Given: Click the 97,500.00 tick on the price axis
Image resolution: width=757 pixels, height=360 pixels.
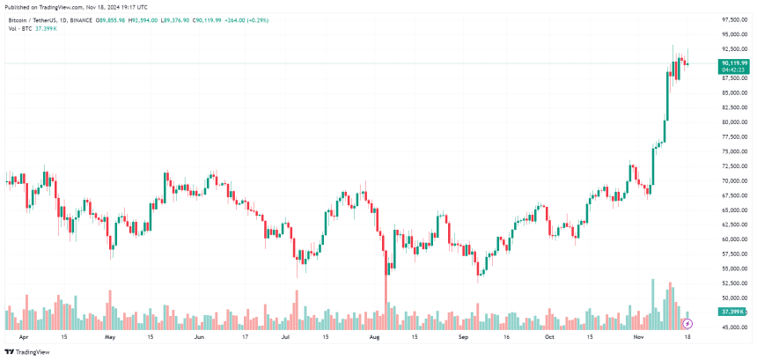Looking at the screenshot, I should (x=733, y=19).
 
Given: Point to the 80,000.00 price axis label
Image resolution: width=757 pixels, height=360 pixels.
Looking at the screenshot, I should (x=733, y=122).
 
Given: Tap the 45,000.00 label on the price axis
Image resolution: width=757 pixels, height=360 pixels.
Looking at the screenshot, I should (x=733, y=327).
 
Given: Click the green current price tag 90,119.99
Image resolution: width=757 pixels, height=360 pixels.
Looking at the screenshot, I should (x=733, y=63).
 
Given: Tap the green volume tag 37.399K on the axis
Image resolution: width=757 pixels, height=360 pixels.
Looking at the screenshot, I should (x=732, y=312).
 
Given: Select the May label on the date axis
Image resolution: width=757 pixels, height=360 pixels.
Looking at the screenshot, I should (x=110, y=337).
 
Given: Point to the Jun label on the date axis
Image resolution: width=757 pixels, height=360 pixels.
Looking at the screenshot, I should (x=198, y=337).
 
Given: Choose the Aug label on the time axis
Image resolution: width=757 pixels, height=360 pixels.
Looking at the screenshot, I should (x=374, y=337).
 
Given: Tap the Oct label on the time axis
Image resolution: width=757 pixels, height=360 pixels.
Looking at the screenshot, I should (x=550, y=337).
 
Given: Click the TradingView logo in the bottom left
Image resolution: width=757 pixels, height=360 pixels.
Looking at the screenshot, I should (x=28, y=352).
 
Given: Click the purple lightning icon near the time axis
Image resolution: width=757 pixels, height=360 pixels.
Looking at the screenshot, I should (x=687, y=325).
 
